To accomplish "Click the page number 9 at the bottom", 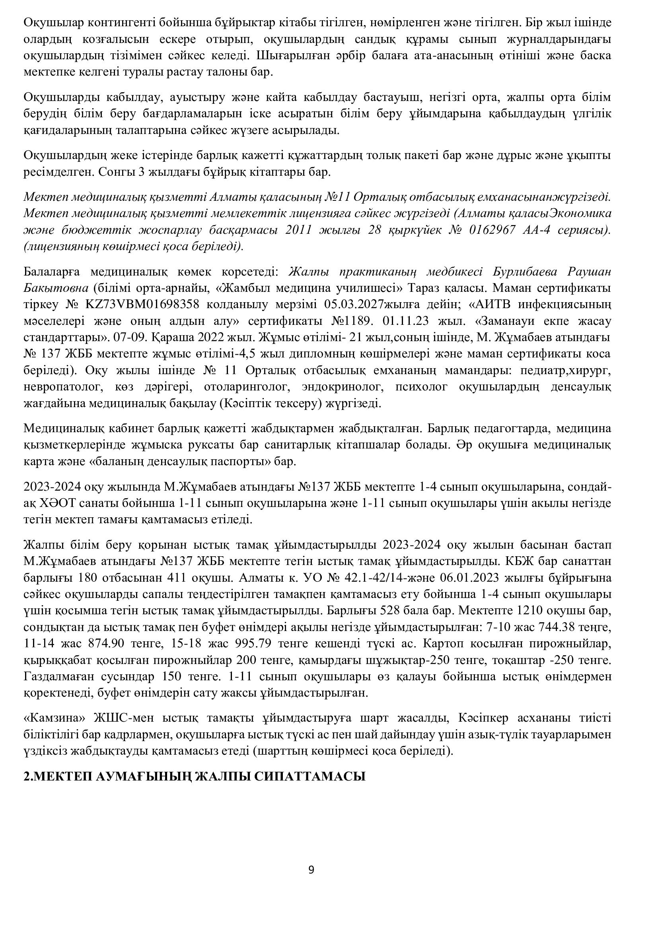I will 311,870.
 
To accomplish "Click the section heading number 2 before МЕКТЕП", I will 27,776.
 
